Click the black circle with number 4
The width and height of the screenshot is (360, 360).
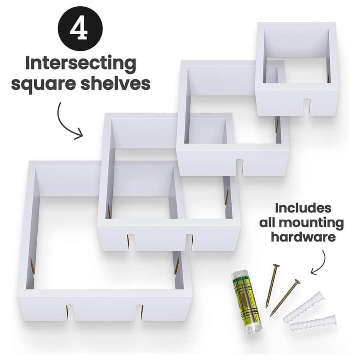coord(80,29)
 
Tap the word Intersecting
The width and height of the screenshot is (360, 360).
coord(81,64)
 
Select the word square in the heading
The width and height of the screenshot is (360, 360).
coord(43,84)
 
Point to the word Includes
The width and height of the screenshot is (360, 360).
coord(303,208)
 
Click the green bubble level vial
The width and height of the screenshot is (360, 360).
coord(246,302)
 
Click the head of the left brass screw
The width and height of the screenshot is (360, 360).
coord(276,266)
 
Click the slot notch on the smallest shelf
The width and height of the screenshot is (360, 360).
coord(307,107)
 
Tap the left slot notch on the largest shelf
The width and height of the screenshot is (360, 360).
coord(70,313)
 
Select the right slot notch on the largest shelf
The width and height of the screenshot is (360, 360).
coord(139,313)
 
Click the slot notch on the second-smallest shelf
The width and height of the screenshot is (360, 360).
coord(239,167)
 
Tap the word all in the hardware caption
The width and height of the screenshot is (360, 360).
coord(268,222)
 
